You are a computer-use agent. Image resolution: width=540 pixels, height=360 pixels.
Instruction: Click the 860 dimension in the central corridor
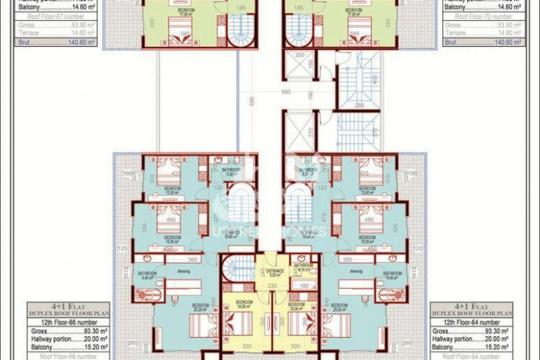(x=286, y=92)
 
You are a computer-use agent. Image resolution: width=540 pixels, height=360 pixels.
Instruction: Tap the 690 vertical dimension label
(x=251, y=101)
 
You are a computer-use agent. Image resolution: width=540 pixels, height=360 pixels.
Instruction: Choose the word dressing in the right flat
(x=356, y=271)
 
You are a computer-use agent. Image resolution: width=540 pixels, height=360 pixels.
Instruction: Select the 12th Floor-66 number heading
(x=68, y=323)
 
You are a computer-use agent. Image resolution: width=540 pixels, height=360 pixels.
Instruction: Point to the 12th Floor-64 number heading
(x=472, y=323)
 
